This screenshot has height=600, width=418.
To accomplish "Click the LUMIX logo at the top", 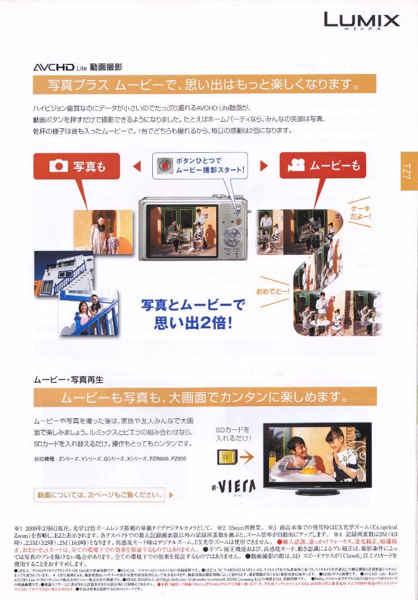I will (362, 21).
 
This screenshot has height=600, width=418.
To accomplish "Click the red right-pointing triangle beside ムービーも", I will (265, 166).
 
